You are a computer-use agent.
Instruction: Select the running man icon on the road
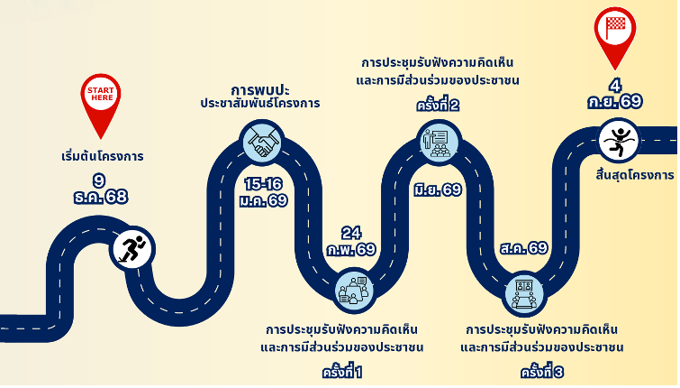coord(132,248)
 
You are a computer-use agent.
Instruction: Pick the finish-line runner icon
coord(619,140)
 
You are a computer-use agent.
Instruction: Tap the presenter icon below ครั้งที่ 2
coord(439,142)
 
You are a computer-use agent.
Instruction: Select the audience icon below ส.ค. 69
coord(523,291)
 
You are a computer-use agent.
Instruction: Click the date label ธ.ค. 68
coord(100,197)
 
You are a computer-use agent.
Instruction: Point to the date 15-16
coord(264,183)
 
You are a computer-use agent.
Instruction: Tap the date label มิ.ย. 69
coord(438,189)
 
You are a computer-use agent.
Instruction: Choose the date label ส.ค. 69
coord(522,247)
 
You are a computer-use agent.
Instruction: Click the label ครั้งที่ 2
coord(438,106)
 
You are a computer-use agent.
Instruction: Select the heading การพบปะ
coord(259,89)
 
